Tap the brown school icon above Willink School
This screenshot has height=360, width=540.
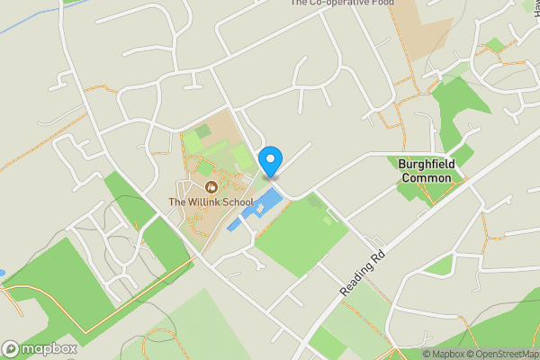(211, 187)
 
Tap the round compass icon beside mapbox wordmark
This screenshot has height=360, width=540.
(11, 348)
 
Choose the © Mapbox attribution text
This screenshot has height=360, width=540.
(445, 354)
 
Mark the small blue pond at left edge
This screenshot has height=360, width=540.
(3, 272)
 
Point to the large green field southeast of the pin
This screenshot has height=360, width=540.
(301, 237)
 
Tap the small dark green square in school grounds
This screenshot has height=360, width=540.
(203, 132)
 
